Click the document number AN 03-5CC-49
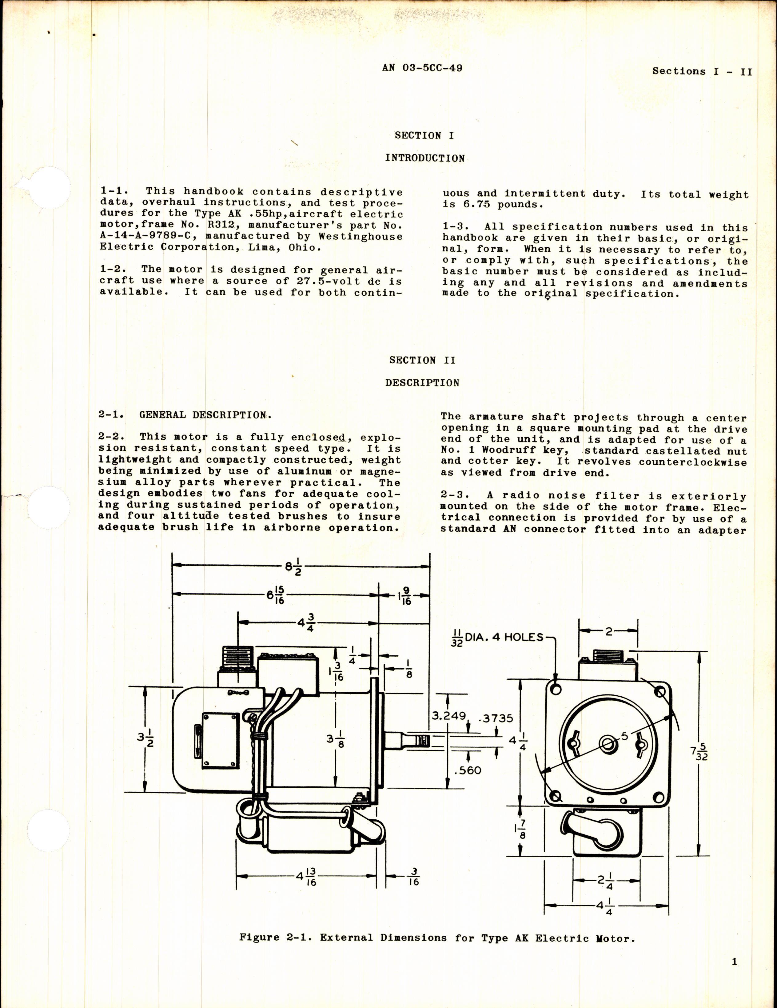pyautogui.click(x=422, y=68)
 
